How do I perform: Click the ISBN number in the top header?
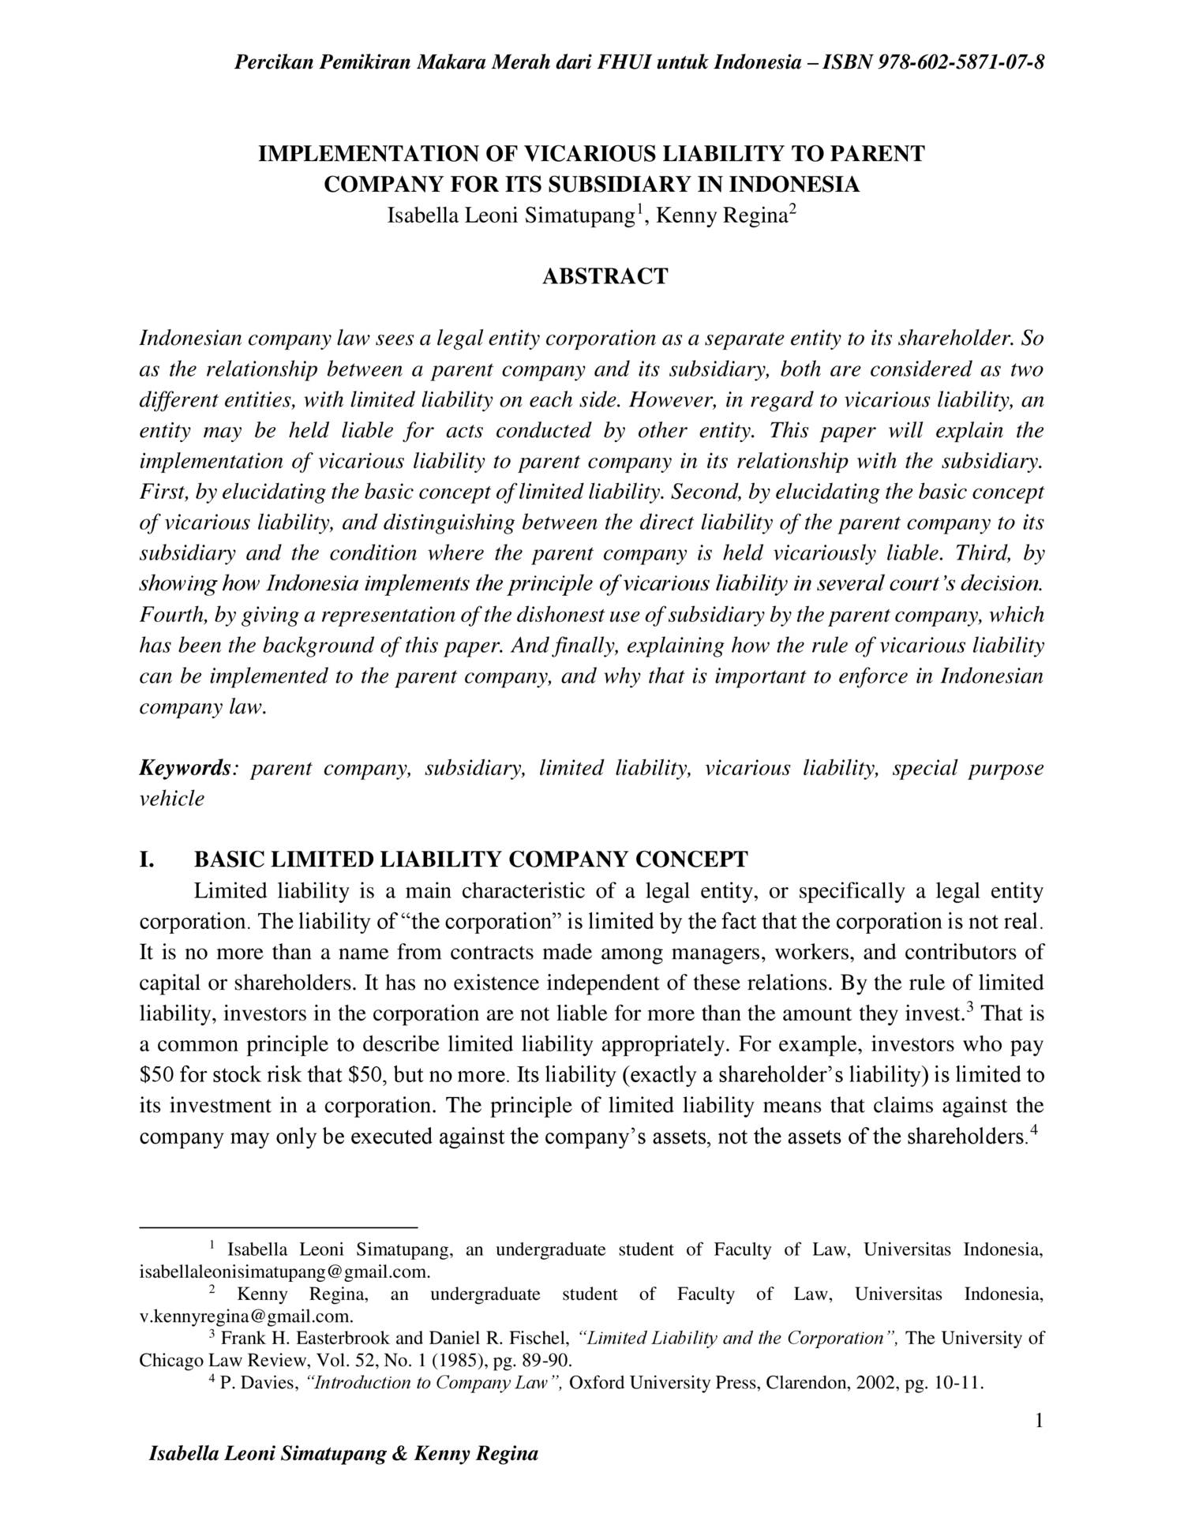click(957, 62)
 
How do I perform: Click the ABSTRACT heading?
click(605, 276)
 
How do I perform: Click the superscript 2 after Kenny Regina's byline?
click(793, 209)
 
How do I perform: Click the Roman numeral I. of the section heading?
click(147, 859)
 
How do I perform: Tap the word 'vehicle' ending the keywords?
click(171, 799)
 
